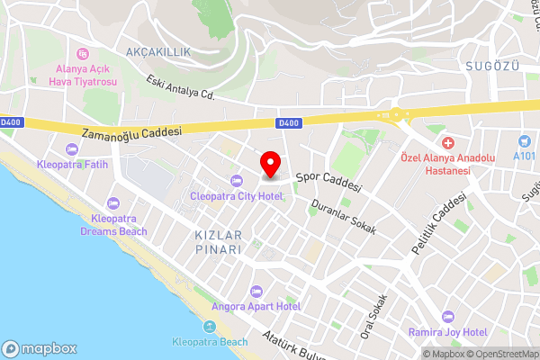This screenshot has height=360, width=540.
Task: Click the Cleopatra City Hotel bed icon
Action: [237, 179]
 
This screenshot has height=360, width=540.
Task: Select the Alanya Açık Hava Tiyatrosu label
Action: [82, 75]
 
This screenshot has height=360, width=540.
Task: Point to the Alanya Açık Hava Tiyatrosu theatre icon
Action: [82, 54]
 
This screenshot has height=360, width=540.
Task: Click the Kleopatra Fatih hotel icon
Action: [72, 149]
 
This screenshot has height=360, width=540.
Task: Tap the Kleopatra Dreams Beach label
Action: [112, 224]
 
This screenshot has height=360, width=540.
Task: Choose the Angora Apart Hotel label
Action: [255, 305]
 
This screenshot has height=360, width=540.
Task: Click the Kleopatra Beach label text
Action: [210, 343]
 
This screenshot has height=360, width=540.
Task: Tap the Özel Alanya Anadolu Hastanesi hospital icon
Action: [447, 144]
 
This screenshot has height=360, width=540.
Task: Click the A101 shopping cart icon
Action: [525, 141]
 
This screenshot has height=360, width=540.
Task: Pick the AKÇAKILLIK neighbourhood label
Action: [158, 52]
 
